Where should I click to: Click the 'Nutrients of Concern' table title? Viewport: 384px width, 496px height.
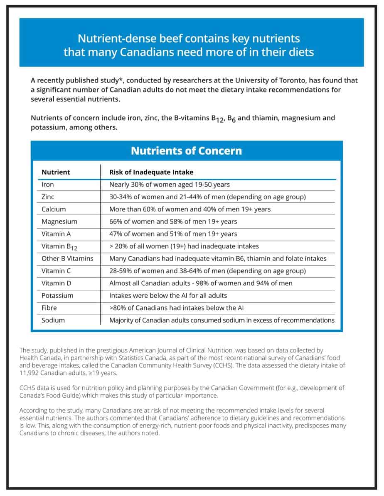pyautogui.click(x=186, y=150)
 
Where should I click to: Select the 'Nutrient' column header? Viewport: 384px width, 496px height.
pyautogui.click(x=56, y=172)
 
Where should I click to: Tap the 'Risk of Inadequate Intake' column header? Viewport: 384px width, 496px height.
pyautogui.click(x=151, y=172)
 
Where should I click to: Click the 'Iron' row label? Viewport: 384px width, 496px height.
pyautogui.click(x=48, y=185)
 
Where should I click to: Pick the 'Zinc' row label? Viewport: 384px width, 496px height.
pyautogui.click(x=48, y=197)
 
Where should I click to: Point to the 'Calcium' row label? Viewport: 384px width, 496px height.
pyautogui.click(x=54, y=209)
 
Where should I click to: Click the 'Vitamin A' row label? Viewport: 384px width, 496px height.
pyautogui.click(x=56, y=234)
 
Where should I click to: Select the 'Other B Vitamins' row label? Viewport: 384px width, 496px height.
pyautogui.click(x=67, y=258)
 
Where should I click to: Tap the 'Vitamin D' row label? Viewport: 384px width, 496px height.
pyautogui.click(x=56, y=283)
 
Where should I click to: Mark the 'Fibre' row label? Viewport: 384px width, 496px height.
pyautogui.click(x=49, y=308)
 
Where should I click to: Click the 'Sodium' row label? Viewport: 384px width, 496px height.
pyautogui.click(x=53, y=320)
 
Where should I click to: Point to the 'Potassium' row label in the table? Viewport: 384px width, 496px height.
pyautogui.click(x=57, y=295)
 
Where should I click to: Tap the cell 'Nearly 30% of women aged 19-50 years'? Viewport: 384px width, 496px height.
pyautogui.click(x=169, y=185)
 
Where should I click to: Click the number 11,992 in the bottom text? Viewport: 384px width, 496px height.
pyautogui.click(x=30, y=373)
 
